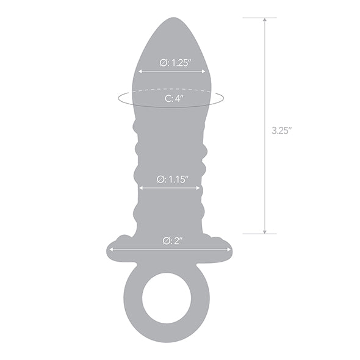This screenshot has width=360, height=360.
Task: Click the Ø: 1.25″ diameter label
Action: [171, 62]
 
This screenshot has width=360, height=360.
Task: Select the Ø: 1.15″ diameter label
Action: [171, 179]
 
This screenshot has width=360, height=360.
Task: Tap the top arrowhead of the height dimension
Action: [264, 20]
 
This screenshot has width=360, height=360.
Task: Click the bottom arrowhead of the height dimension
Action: [264, 231]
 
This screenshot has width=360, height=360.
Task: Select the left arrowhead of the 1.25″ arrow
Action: [140, 71]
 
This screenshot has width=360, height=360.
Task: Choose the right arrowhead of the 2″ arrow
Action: [229, 249]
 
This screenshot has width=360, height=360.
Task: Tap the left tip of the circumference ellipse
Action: [118, 98]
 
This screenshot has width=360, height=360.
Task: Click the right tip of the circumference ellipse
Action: [223, 98]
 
